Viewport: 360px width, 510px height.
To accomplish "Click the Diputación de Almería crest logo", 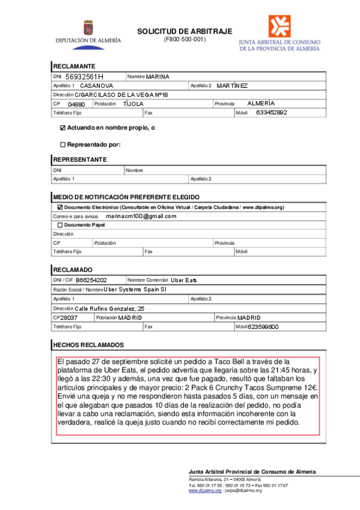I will [88, 28].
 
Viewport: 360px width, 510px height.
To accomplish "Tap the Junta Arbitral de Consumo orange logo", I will [279, 26].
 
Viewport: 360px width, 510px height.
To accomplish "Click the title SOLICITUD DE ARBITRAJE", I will [184, 31].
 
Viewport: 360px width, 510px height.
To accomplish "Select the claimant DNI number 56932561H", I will [84, 77].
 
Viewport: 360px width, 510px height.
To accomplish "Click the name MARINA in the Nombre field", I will [158, 77].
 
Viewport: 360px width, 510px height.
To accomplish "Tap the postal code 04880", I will [76, 104].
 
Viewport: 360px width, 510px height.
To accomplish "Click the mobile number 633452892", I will [272, 112].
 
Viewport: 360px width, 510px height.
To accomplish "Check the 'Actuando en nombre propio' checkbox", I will [63, 128].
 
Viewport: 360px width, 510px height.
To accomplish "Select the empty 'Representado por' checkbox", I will [63, 144].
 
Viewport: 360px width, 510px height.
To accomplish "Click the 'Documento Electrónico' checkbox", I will [59, 207].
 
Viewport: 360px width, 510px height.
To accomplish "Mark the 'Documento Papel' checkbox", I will [59, 225].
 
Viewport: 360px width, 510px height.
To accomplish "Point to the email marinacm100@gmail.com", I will [141, 216].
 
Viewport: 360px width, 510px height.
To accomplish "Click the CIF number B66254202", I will [91, 280].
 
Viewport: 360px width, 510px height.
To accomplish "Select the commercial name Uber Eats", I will [183, 280].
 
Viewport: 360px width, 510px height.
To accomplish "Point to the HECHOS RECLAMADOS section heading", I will [88, 345].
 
